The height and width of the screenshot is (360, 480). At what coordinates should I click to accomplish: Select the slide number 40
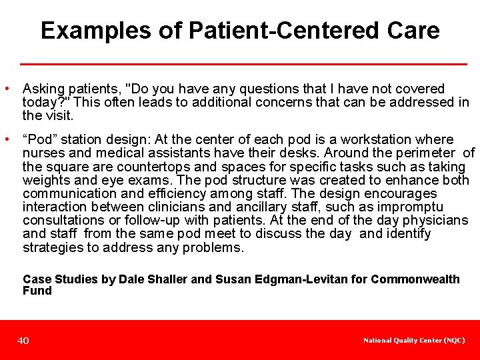[23, 341]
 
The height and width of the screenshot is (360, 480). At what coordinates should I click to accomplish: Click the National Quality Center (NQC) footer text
[414, 341]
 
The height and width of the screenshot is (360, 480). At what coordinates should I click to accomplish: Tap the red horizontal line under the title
[243, 64]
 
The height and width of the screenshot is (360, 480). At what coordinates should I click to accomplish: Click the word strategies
[50, 247]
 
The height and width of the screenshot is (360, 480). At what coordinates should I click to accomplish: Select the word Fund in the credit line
[37, 291]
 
